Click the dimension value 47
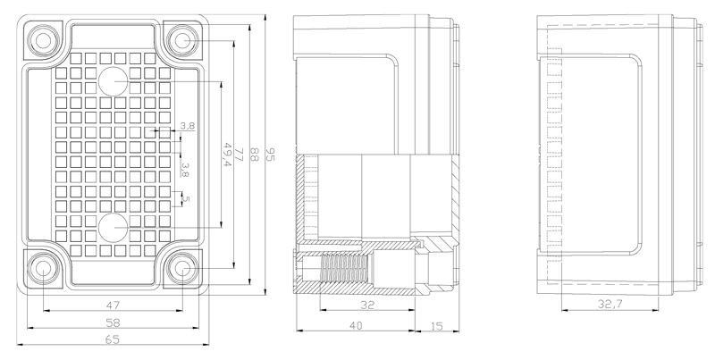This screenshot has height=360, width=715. [x=114, y=305]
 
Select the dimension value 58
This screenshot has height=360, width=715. [x=114, y=322]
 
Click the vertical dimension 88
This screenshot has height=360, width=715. [x=254, y=155]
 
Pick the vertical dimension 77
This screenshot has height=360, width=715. [x=239, y=155]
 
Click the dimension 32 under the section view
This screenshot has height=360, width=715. [x=367, y=305]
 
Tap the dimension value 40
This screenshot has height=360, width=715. [x=355, y=327]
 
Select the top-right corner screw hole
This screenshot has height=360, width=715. [x=183, y=39]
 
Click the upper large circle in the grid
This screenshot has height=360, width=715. [x=114, y=81]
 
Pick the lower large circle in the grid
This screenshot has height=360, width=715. [x=114, y=227]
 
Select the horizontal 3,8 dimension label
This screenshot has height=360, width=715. [x=187, y=126]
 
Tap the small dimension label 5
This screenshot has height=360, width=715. [x=187, y=198]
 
